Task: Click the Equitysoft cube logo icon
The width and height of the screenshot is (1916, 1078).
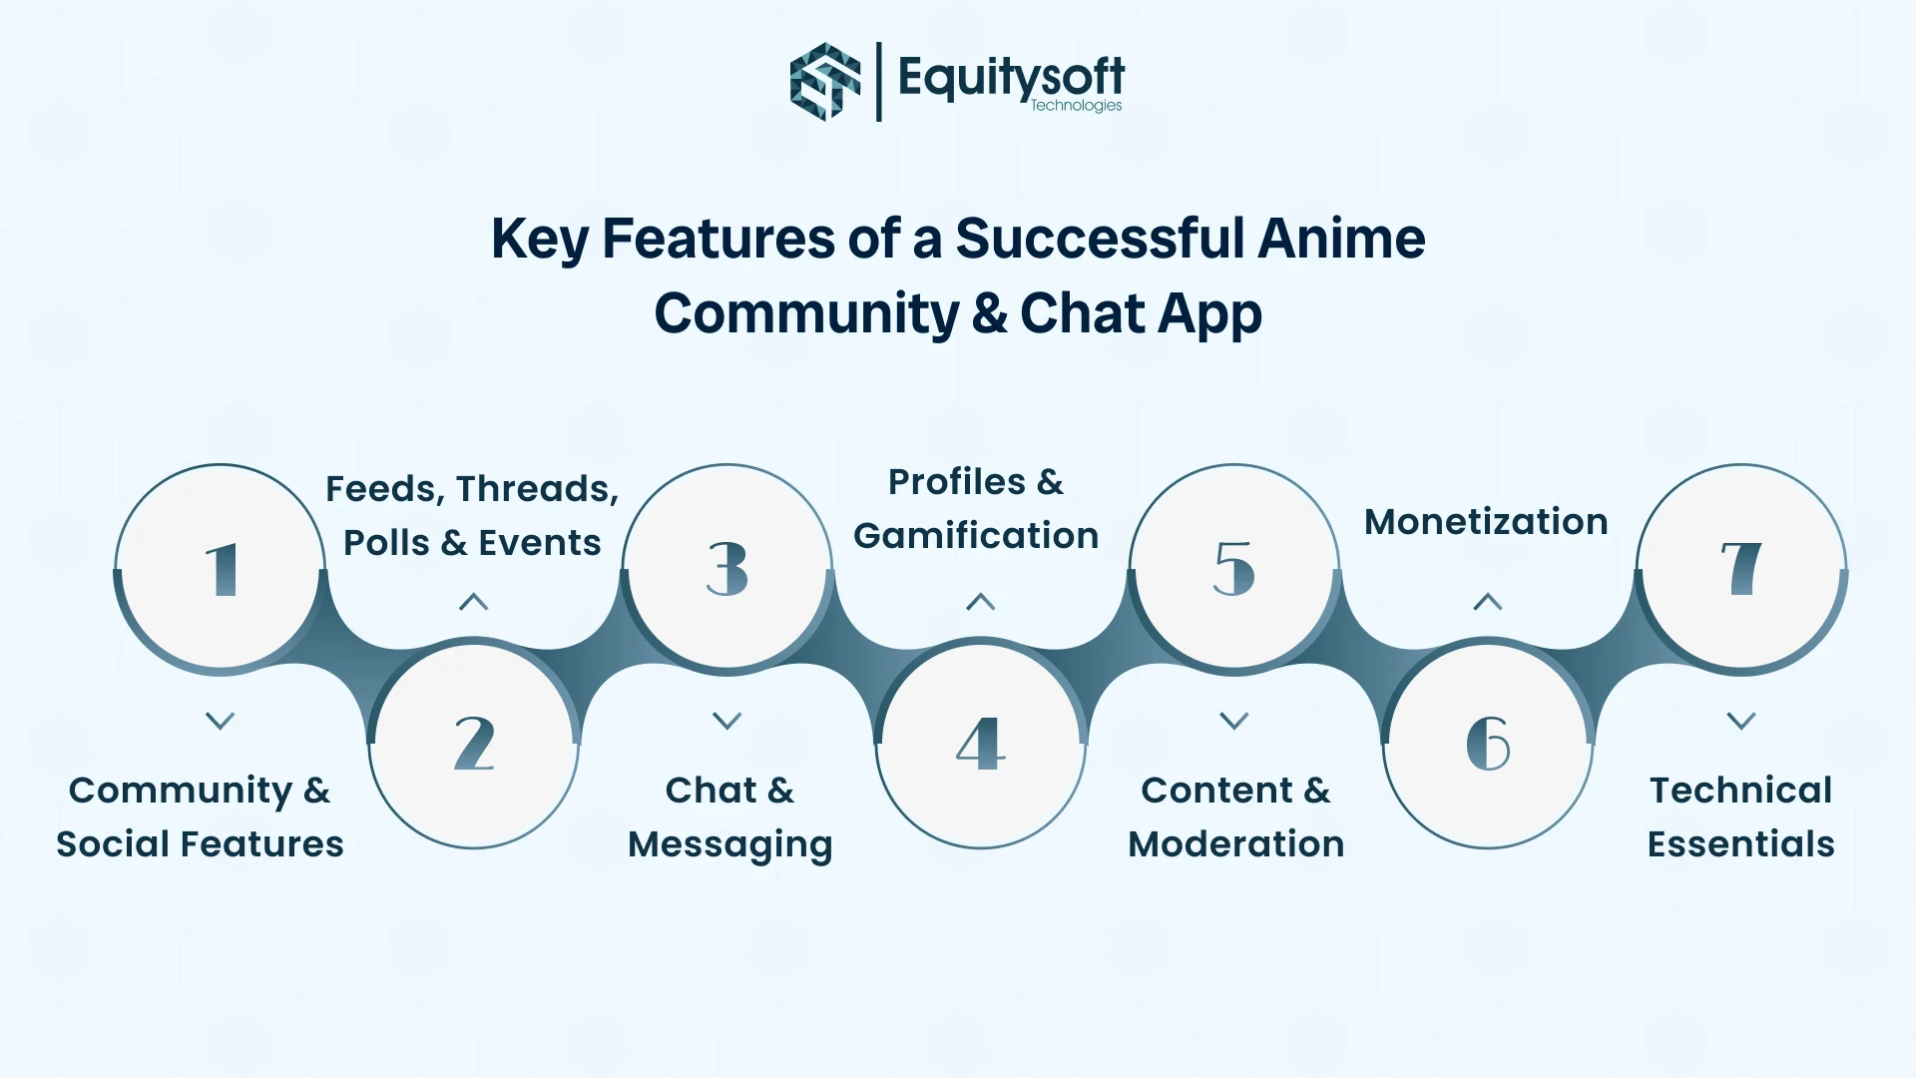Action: tap(824, 82)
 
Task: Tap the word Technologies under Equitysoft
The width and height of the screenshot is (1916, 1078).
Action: tap(1076, 106)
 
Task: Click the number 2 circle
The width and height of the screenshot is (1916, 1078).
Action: tap(474, 745)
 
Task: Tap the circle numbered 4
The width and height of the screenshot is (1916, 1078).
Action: tap(981, 745)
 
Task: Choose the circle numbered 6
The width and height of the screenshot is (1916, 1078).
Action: tap(1488, 745)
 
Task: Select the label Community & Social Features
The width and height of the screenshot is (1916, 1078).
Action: tap(200, 816)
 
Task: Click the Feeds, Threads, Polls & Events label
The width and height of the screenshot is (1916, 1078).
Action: tap(472, 515)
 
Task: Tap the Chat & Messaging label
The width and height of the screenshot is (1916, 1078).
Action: tap(729, 816)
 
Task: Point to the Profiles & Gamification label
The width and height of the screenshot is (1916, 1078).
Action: tap(976, 508)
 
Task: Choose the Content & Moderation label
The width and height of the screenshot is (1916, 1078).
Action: tap(1235, 816)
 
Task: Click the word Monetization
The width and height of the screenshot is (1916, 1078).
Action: tap(1486, 521)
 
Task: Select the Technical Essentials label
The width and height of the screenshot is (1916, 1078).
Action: tap(1740, 816)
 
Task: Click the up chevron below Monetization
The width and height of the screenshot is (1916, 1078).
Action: tap(1488, 602)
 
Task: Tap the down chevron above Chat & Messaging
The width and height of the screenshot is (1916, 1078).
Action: tap(727, 720)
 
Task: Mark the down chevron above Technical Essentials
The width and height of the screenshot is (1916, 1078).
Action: tap(1741, 720)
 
